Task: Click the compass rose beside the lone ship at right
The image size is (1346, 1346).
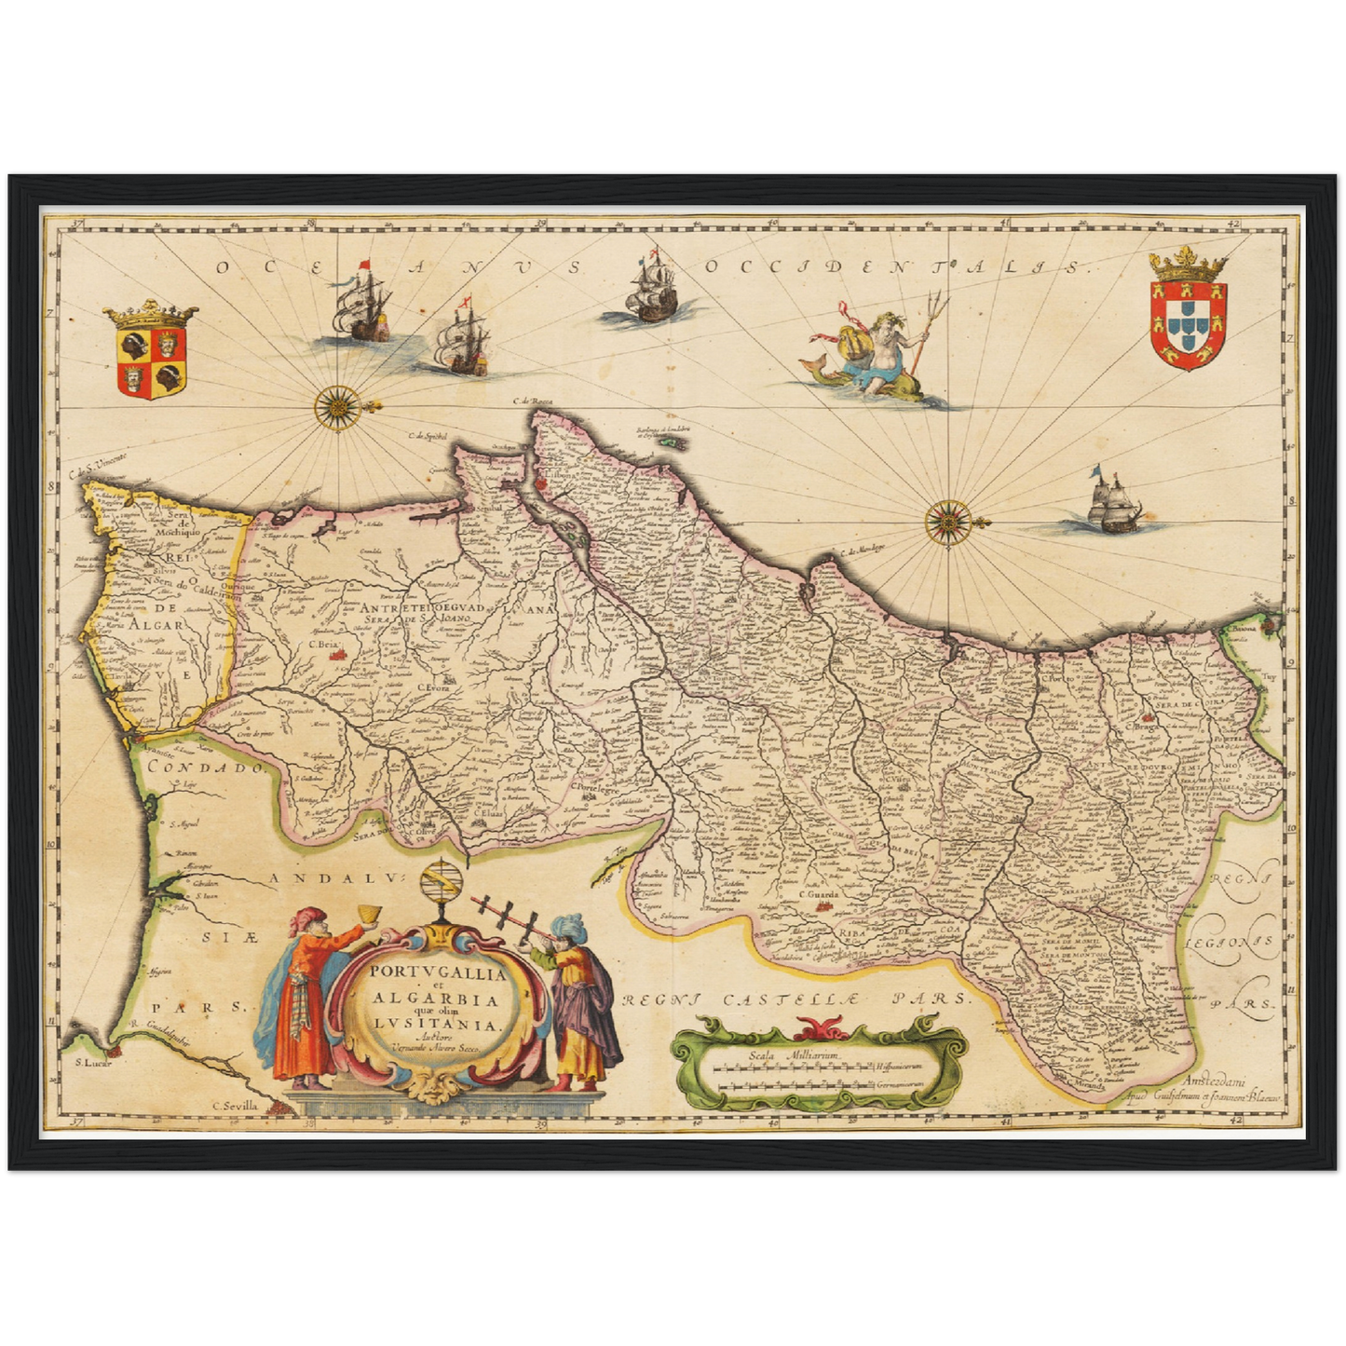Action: pos(948,520)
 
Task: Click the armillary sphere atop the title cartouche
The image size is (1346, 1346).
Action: pos(439,882)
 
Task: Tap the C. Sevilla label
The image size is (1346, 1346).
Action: pos(237,1106)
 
